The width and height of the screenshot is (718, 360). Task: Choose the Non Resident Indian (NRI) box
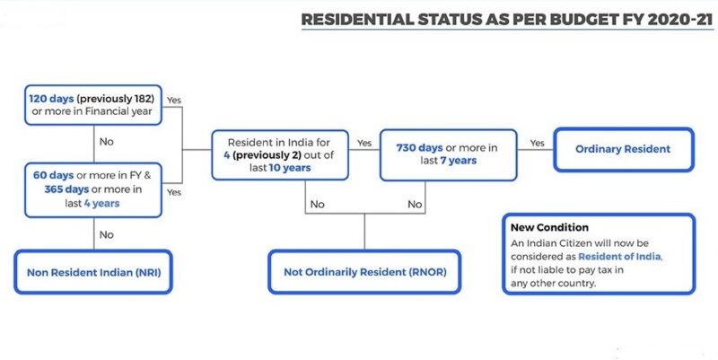point(93,272)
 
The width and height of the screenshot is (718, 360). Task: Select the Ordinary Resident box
point(623,149)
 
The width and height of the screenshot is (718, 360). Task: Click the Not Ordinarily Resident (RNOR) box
point(363,272)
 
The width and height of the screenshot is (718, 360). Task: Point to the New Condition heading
point(549,228)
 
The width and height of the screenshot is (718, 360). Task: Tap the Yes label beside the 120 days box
point(175,100)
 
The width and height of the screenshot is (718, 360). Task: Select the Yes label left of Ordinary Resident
point(538,143)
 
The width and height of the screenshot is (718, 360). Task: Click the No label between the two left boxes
point(106,141)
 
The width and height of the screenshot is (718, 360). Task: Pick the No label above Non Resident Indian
point(106,234)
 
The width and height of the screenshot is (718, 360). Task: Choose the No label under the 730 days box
point(415,205)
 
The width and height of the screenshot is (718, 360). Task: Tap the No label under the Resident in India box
point(317,205)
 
